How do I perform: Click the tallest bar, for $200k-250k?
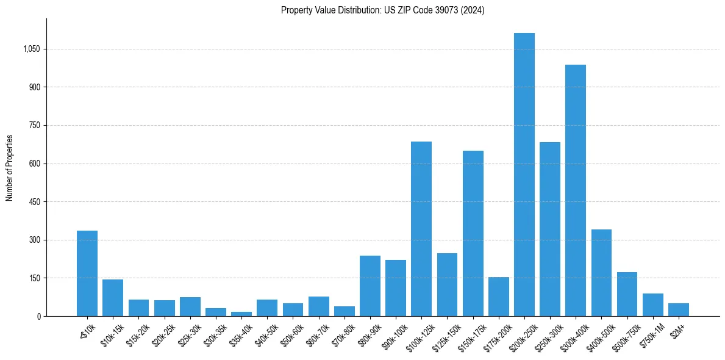(x=524, y=175)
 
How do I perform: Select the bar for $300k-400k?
(x=575, y=190)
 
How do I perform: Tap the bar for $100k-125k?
(x=421, y=229)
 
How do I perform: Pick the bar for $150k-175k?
(x=473, y=233)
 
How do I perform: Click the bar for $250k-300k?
(x=549, y=229)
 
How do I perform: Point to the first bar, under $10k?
(x=87, y=273)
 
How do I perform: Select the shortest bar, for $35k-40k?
(x=241, y=314)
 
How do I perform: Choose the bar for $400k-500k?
(x=601, y=273)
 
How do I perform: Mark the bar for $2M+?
(x=678, y=310)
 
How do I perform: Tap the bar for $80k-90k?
(x=370, y=286)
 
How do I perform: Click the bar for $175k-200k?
(x=498, y=297)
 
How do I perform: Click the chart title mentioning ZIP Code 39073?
(x=382, y=10)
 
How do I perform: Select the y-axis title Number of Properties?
(x=10, y=168)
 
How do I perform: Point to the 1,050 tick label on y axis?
(x=31, y=49)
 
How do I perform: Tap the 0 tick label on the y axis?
(x=38, y=316)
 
